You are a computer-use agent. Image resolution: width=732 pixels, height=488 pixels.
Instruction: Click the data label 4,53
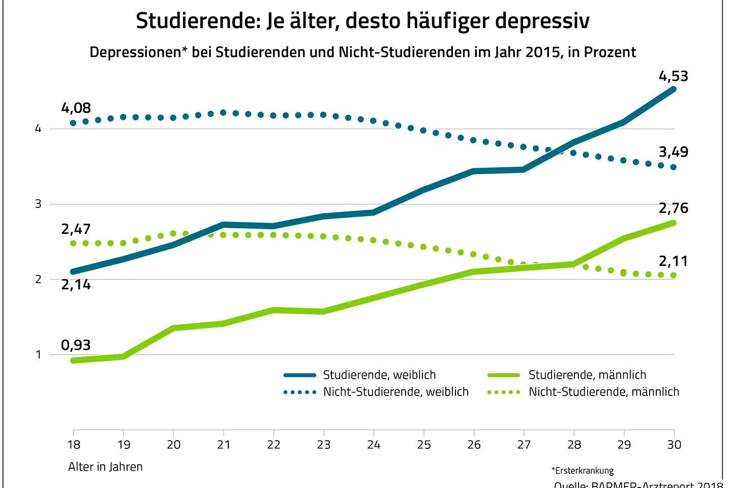click(x=673, y=76)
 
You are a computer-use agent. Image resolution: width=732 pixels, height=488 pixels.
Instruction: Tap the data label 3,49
click(x=673, y=152)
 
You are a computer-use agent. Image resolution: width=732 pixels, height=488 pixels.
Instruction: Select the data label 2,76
click(x=673, y=208)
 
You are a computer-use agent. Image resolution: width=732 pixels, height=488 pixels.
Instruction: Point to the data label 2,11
click(x=673, y=261)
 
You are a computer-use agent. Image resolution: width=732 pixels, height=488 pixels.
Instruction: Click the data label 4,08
click(x=76, y=108)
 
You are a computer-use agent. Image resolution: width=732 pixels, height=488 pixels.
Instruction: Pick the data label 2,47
click(x=76, y=229)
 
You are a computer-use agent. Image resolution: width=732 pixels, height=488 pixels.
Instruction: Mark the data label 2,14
click(x=76, y=285)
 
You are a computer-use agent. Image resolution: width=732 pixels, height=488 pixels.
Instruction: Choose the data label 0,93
click(x=76, y=345)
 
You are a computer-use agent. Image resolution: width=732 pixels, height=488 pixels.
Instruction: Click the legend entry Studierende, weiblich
click(x=379, y=375)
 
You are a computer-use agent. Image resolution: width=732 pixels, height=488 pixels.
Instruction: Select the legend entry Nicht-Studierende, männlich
click(x=603, y=392)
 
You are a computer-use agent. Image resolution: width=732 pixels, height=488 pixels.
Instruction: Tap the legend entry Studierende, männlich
click(x=587, y=375)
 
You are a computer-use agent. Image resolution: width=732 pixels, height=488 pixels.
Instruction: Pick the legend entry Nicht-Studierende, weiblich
click(x=395, y=392)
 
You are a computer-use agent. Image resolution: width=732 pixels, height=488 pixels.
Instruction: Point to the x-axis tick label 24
click(x=374, y=445)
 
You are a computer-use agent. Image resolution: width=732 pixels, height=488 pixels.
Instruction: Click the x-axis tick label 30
click(x=674, y=445)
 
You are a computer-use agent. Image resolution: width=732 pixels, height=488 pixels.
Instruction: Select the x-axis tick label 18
click(x=74, y=445)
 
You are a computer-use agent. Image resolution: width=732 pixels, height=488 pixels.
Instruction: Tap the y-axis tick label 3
click(x=38, y=204)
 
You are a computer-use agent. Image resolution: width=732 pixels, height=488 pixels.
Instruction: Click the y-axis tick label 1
click(x=38, y=355)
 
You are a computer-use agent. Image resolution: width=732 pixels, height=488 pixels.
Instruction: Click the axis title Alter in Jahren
click(x=105, y=467)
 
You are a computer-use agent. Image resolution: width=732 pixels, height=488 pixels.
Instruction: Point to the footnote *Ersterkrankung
click(x=583, y=471)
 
